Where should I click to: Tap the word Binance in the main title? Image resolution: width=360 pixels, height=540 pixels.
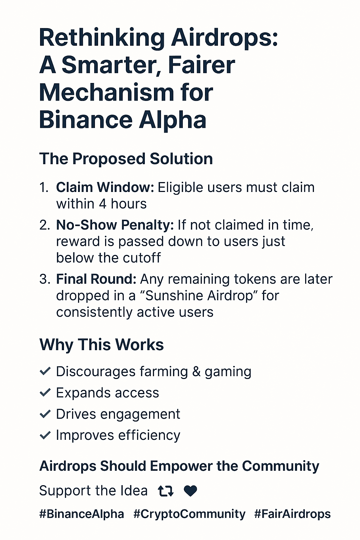pos(86,120)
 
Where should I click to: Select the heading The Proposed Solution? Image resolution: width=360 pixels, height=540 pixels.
pos(126,159)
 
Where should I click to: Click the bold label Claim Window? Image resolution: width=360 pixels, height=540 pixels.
pos(105,187)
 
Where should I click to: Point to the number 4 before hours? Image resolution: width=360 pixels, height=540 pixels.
pos(103,204)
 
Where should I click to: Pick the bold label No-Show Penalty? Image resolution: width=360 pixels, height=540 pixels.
pos(115,225)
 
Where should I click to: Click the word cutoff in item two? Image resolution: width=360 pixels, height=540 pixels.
pos(142,258)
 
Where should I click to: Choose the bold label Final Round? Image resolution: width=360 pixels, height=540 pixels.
pos(96,279)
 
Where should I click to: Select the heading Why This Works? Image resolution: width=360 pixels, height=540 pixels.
pos(102,345)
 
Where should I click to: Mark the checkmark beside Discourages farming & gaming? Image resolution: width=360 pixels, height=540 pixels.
pos(45,371)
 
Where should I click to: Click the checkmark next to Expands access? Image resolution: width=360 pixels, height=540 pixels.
pos(45,392)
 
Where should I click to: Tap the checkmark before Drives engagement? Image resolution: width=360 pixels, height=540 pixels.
pos(45,414)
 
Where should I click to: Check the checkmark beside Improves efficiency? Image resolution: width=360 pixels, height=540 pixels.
pos(45,435)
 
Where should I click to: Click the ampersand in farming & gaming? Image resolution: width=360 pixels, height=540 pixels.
pos(197,372)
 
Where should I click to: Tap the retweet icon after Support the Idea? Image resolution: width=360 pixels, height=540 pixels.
pos(166,491)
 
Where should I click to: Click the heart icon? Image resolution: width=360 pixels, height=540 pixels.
pos(191,491)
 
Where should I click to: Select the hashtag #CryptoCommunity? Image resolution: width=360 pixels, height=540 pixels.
pos(189,514)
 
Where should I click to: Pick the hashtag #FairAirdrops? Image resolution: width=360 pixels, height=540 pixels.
pos(292,514)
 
